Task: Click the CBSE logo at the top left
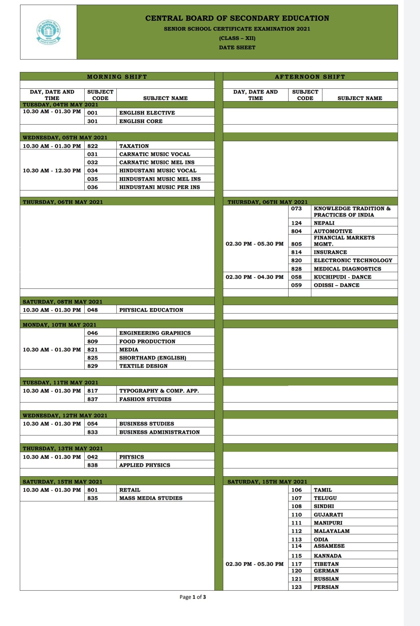[48, 32]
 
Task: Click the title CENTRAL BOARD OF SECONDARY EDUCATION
[237, 18]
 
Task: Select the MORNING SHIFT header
[117, 77]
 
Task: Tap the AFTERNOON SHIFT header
[310, 77]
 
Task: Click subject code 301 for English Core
[92, 121]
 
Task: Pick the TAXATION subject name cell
[134, 146]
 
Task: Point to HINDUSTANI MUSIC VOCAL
[158, 171]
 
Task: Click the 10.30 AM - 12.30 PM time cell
[52, 171]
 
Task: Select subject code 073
[296, 208]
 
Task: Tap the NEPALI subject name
[324, 223]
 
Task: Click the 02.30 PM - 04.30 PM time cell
[255, 277]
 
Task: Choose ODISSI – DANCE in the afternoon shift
[337, 285]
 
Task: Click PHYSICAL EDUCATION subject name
[151, 310]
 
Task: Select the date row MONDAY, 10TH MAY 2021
[60, 325]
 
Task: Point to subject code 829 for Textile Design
[92, 366]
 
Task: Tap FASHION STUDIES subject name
[145, 399]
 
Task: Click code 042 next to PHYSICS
[92, 457]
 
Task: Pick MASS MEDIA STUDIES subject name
[151, 498]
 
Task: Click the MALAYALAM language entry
[332, 531]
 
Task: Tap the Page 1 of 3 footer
[193, 597]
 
